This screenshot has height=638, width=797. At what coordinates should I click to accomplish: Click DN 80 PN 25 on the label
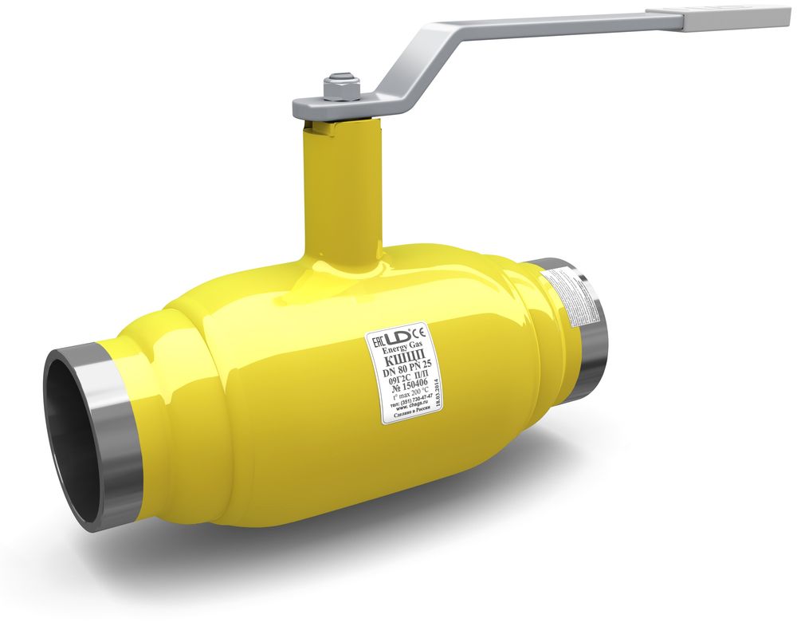pyautogui.click(x=406, y=368)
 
